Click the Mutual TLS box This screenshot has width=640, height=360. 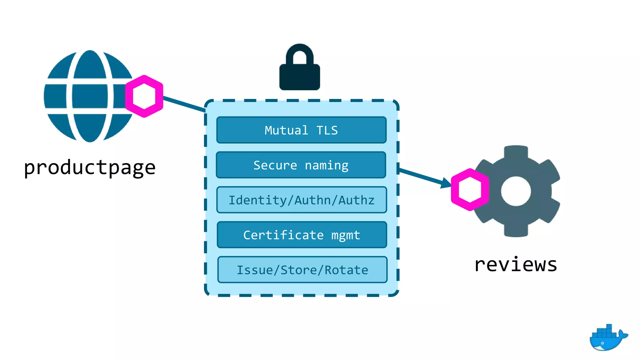(x=301, y=130)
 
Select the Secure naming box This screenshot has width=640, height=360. (x=301, y=165)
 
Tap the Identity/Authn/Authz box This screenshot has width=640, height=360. (x=302, y=200)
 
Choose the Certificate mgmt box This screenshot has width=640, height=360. (x=302, y=235)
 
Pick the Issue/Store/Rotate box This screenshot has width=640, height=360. (x=302, y=270)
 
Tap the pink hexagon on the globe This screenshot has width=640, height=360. (x=144, y=96)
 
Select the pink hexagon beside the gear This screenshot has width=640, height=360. (x=470, y=190)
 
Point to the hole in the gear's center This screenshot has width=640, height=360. (x=516, y=191)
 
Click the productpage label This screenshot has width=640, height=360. (x=90, y=168)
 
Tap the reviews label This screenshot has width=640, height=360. (x=516, y=265)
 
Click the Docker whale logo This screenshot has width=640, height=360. (x=607, y=338)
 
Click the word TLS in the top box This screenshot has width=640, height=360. (x=327, y=130)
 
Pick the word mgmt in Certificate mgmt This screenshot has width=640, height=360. (x=346, y=235)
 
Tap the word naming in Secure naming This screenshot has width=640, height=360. (x=326, y=165)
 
